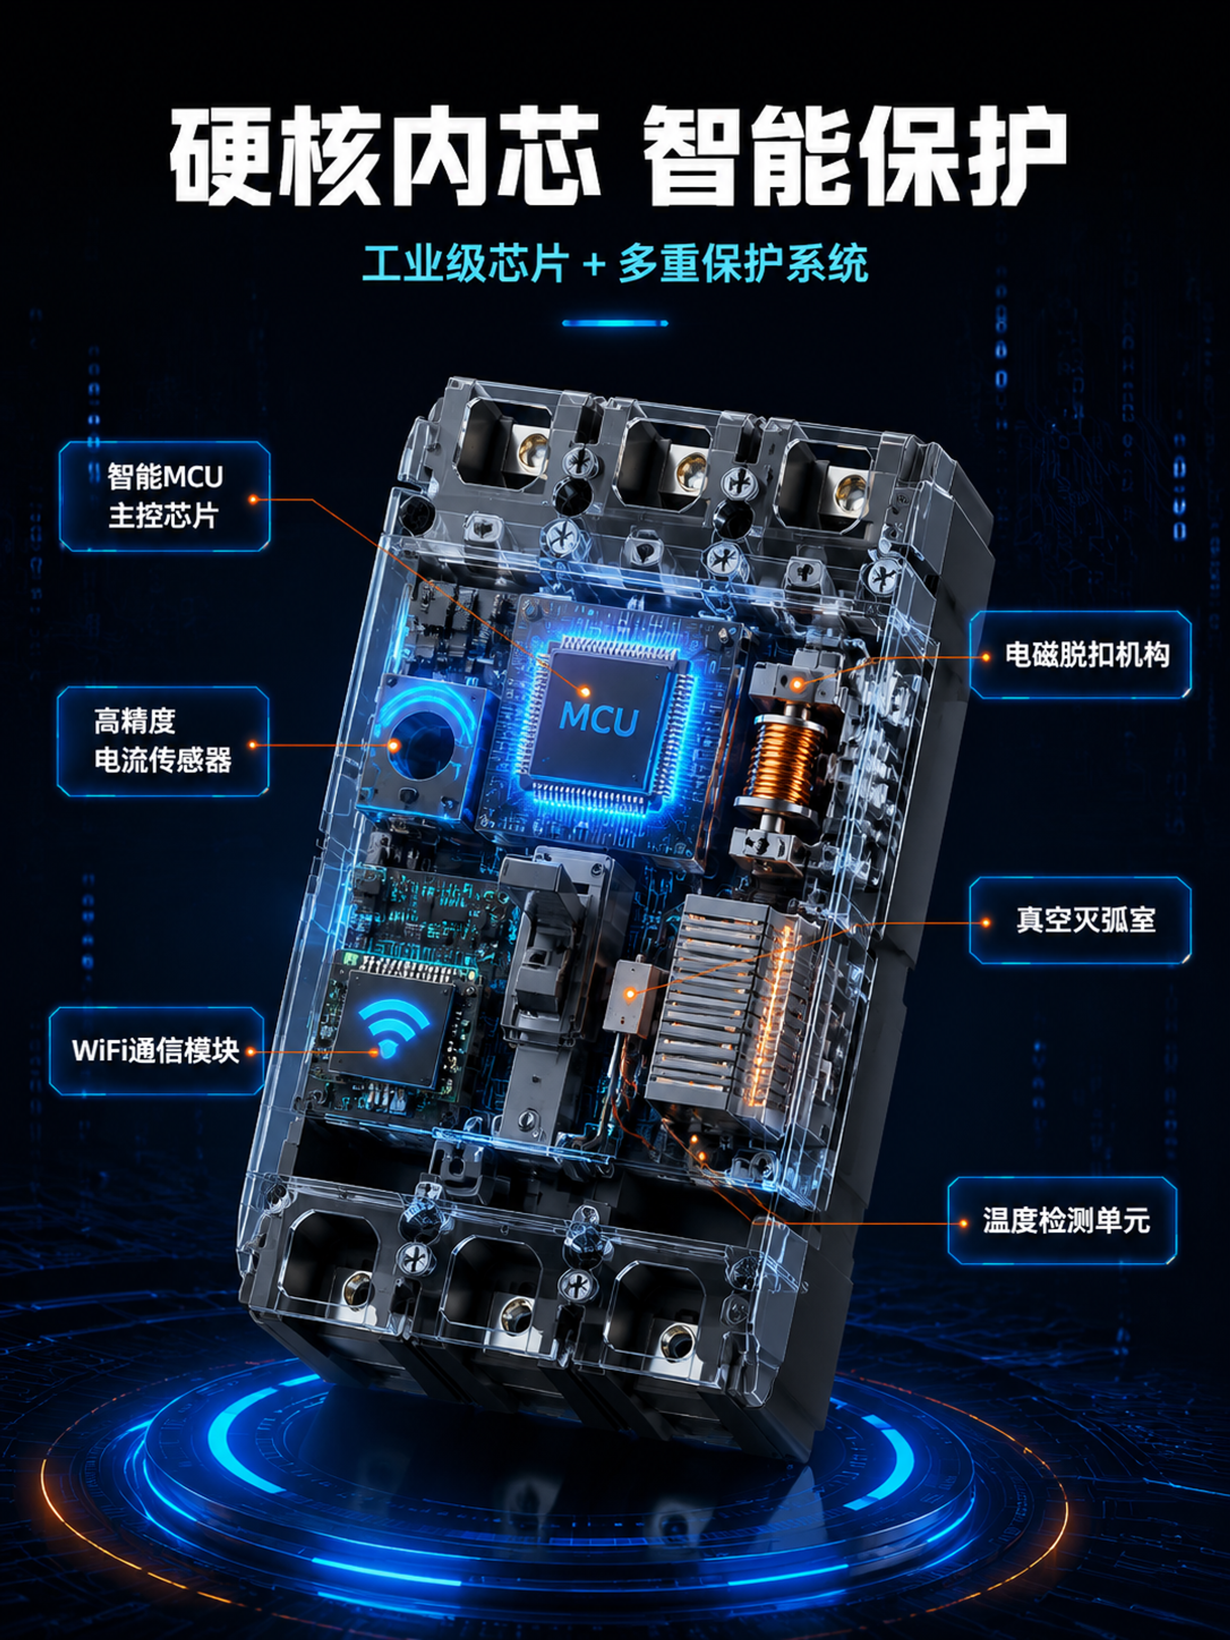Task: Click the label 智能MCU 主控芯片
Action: tap(165, 496)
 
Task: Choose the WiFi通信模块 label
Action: tap(156, 1051)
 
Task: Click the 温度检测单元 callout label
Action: tap(1062, 1219)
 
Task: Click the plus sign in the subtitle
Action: tap(594, 265)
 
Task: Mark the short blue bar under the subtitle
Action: tap(614, 323)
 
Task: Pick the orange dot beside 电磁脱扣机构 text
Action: tap(985, 656)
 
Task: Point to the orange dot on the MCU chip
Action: tap(585, 691)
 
